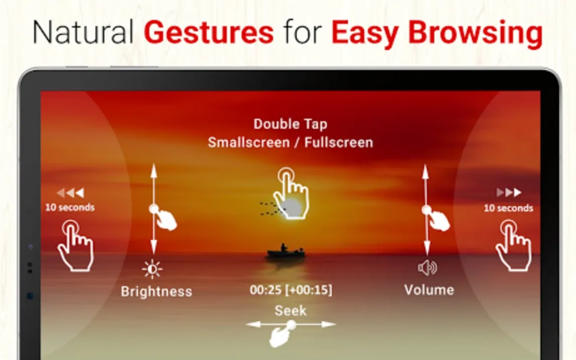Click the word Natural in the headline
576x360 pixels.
83,32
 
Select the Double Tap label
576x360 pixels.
290,125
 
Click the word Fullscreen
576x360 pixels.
339,142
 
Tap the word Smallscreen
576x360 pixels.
249,142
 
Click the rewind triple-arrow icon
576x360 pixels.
70,193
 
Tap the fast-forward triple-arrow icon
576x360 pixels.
509,192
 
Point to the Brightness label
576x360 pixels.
156,292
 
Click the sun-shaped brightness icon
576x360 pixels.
152,269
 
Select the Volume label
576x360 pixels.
429,290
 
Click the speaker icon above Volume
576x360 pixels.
427,268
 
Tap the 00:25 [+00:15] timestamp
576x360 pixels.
291,290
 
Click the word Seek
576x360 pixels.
290,311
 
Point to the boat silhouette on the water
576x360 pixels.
286,251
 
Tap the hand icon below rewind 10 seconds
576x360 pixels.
75,246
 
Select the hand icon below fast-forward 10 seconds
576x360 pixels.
514,246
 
